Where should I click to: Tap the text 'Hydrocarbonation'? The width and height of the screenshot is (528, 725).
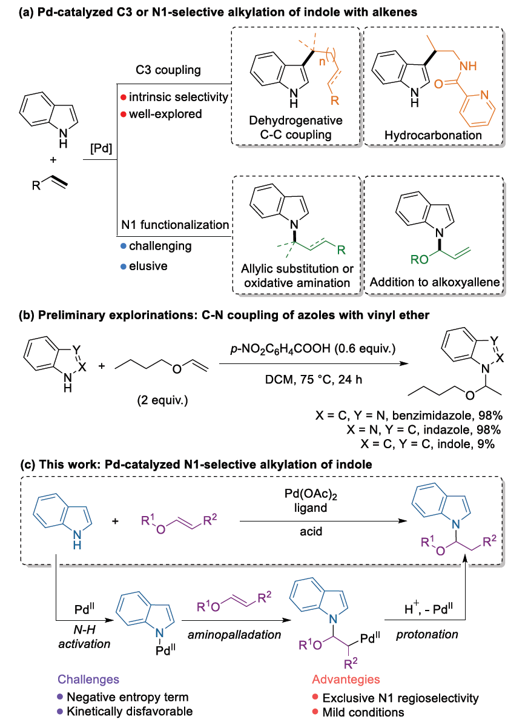pos(433,135)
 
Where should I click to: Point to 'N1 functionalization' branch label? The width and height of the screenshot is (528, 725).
pos(175,225)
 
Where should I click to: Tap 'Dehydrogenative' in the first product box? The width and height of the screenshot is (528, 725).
pos(295,121)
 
